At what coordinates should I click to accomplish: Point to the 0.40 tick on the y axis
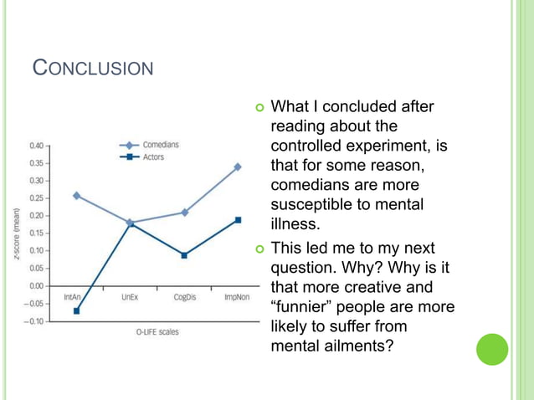37,145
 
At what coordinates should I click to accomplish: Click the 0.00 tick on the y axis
37,285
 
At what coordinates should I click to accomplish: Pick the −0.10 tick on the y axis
35,321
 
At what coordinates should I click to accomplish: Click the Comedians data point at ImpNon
238,167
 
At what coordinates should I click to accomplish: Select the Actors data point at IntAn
76,310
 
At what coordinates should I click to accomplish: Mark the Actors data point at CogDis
184,255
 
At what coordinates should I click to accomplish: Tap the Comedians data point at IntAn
76,196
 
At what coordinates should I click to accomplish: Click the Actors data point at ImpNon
238,220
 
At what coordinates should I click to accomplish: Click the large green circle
491,349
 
